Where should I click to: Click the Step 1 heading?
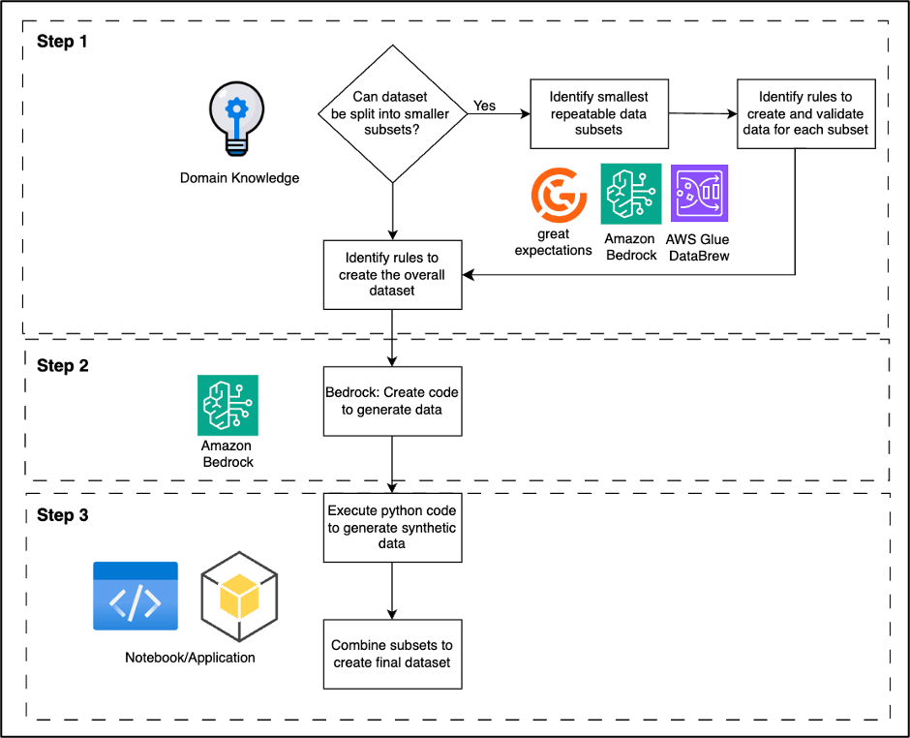tap(63, 42)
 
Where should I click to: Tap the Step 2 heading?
tap(63, 366)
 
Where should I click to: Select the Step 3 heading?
tap(63, 515)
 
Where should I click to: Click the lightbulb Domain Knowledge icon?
tap(238, 119)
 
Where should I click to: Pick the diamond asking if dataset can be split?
tap(392, 112)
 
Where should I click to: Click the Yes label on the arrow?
tap(484, 105)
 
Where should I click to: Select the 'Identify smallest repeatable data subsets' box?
tap(598, 113)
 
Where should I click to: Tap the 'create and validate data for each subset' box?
tap(805, 113)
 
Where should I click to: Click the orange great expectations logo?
tap(559, 195)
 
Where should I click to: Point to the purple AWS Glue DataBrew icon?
tap(699, 194)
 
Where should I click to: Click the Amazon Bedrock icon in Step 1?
tap(631, 194)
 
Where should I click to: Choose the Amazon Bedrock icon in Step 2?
tap(227, 405)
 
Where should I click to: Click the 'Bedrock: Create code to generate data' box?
tap(392, 401)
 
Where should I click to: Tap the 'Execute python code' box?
tap(392, 527)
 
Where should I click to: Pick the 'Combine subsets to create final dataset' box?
tap(392, 654)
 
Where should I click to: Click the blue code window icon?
tap(136, 596)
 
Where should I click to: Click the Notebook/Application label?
tap(190, 658)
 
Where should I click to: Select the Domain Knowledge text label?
tap(240, 178)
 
